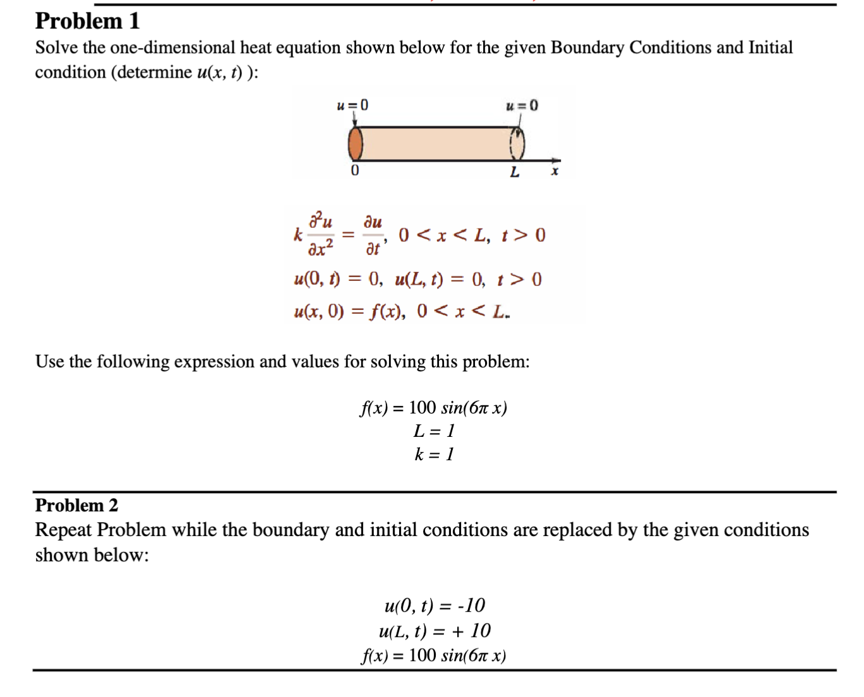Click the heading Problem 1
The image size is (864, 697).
point(87,21)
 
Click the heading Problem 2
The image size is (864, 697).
point(76,505)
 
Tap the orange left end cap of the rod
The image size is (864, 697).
point(356,143)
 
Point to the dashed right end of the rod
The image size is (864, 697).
point(517,143)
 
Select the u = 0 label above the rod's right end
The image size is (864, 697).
point(522,105)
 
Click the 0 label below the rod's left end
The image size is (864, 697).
point(355,171)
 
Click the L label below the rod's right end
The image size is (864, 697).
point(515,172)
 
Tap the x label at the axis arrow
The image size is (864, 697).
point(555,171)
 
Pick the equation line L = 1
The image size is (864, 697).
point(433,431)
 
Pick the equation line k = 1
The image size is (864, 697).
point(433,455)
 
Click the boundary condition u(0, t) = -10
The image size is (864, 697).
point(435,605)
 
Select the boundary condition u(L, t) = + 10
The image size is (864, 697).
point(435,631)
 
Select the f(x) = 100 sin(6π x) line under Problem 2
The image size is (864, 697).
point(433,655)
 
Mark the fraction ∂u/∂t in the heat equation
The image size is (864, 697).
point(373,235)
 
